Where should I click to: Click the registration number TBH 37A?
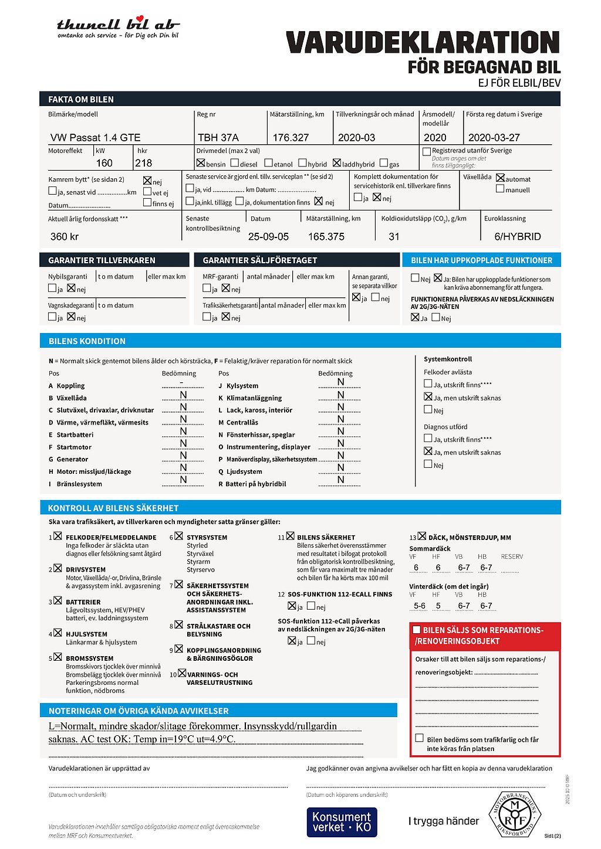[x=218, y=138]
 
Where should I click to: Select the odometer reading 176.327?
[x=291, y=138]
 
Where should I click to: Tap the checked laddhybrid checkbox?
[x=336, y=163]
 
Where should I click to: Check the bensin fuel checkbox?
[x=201, y=163]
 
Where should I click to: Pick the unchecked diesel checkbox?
[x=235, y=163]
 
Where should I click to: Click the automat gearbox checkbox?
[x=500, y=178]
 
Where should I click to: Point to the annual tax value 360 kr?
[x=65, y=237]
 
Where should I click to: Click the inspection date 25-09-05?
[x=268, y=237]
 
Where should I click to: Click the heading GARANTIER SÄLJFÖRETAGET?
[x=259, y=260]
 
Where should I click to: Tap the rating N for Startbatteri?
[x=183, y=432]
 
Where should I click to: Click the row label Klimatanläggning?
[x=254, y=398]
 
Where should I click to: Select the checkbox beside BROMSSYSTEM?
[x=58, y=657]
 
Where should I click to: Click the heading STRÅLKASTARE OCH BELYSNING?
[x=218, y=630]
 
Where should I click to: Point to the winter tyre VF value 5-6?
[x=420, y=606]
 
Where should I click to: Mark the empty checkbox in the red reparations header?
[x=417, y=630]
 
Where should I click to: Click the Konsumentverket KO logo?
[x=342, y=822]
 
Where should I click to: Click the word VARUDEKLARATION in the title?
[x=423, y=43]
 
